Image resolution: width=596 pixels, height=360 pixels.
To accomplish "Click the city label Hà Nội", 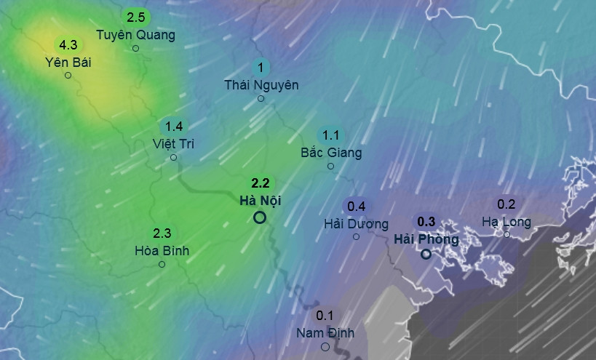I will (260, 200).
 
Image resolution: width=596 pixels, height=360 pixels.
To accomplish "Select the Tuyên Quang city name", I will (136, 34).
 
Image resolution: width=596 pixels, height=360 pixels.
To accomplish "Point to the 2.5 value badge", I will (136, 17).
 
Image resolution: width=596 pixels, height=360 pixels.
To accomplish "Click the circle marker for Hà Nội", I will (260, 217).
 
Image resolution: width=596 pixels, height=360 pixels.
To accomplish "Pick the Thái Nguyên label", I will (261, 84).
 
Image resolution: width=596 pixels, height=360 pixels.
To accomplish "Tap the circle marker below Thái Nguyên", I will (261, 98).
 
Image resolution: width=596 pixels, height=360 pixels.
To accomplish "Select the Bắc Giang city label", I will (331, 153).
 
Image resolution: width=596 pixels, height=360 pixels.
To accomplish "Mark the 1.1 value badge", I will (331, 135).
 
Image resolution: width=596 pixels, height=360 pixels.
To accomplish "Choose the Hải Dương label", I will (356, 223).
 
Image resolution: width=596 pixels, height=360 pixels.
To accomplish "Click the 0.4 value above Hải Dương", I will (357, 206).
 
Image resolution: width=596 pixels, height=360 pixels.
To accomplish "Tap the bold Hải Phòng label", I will (426, 239).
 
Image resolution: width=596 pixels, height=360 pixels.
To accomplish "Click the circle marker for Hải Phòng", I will (426, 254).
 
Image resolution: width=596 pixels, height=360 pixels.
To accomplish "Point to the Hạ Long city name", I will (506, 221).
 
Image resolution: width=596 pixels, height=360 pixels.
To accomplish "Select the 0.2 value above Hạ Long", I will (506, 204).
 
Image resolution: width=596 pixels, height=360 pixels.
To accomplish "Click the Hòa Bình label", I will (162, 250).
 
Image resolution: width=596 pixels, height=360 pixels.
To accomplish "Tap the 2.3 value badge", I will (162, 233).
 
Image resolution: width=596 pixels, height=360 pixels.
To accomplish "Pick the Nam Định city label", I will (325, 332).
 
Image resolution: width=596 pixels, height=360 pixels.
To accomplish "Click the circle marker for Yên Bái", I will (68, 75).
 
